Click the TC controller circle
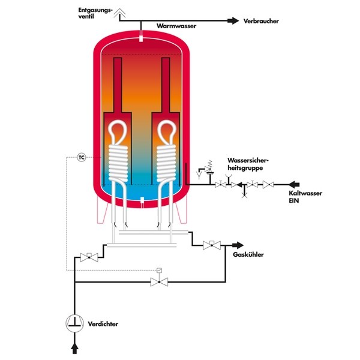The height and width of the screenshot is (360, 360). tap(81, 157)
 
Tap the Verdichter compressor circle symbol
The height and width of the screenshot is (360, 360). tap(74, 323)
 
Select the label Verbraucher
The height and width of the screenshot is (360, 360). tap(261, 21)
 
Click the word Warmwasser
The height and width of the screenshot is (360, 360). tap(176, 26)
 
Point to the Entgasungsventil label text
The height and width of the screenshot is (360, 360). tap(95, 13)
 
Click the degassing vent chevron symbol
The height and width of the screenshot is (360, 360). tap(119, 12)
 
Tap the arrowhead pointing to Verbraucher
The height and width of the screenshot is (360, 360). tap(233, 20)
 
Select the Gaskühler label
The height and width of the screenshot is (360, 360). tap(248, 254)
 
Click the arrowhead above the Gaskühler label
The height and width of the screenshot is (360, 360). tap(238, 245)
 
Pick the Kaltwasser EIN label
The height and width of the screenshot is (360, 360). tap(305, 197)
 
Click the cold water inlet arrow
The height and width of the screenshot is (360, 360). tap(294, 184)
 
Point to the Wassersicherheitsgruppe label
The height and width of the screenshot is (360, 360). tap(248, 164)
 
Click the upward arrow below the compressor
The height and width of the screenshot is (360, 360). tap(74, 348)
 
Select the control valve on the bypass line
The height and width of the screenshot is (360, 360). tap(159, 279)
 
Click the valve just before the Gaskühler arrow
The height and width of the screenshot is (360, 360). tap(212, 245)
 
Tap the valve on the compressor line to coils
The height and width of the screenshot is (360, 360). tap(89, 257)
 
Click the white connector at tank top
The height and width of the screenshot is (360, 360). tap(141, 38)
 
